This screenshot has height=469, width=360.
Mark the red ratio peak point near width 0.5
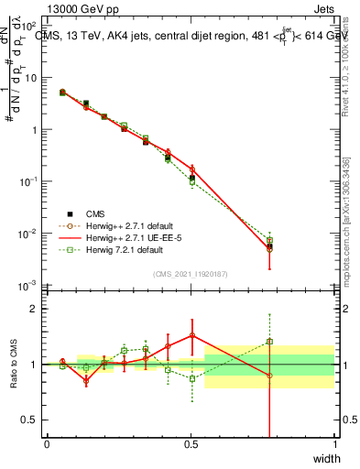point(191,335)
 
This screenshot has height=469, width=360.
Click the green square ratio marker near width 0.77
point(269,342)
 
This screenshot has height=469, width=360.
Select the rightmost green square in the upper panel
point(269,240)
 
